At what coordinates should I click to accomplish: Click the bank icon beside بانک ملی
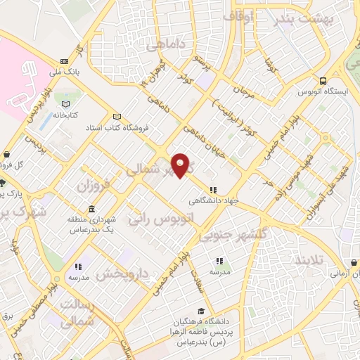[65, 61]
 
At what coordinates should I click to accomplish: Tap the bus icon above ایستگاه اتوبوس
[323, 81]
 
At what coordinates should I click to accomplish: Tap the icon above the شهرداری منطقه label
[93, 210]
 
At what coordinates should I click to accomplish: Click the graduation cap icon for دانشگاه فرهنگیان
[202, 311]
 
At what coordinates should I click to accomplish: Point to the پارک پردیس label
[11, 191]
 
